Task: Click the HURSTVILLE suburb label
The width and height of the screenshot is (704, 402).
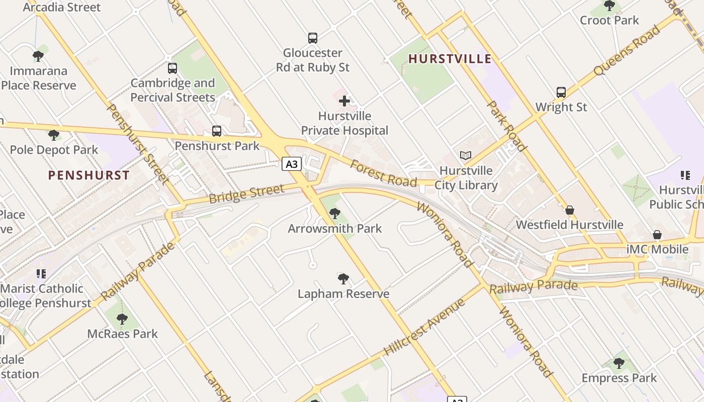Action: click(450, 59)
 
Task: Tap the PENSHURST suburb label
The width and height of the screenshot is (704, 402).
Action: click(89, 175)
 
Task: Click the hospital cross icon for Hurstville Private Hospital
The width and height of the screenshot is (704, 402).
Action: click(344, 102)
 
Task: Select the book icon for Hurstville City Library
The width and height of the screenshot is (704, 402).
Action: click(466, 156)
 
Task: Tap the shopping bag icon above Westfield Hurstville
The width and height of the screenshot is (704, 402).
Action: click(570, 210)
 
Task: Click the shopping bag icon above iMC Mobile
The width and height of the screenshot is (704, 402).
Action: click(657, 235)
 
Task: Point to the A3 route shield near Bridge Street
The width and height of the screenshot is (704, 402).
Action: click(291, 164)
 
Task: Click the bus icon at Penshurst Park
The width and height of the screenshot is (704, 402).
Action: click(217, 131)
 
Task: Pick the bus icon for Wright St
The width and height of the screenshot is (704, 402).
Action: click(561, 92)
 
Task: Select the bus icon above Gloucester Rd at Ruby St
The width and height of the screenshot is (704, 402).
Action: click(313, 38)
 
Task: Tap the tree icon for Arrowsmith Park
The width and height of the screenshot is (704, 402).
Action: click(335, 214)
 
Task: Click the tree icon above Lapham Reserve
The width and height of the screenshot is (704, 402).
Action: click(343, 279)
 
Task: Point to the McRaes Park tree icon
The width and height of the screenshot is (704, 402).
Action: click(122, 319)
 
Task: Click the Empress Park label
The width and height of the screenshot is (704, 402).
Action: click(619, 378)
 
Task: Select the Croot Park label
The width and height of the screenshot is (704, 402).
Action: click(609, 21)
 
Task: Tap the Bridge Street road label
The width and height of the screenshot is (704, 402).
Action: click(246, 194)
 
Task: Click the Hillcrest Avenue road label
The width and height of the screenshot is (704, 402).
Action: click(424, 327)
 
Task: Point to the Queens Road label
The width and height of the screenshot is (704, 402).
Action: click(627, 51)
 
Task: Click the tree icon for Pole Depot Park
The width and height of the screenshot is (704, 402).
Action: click(54, 135)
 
